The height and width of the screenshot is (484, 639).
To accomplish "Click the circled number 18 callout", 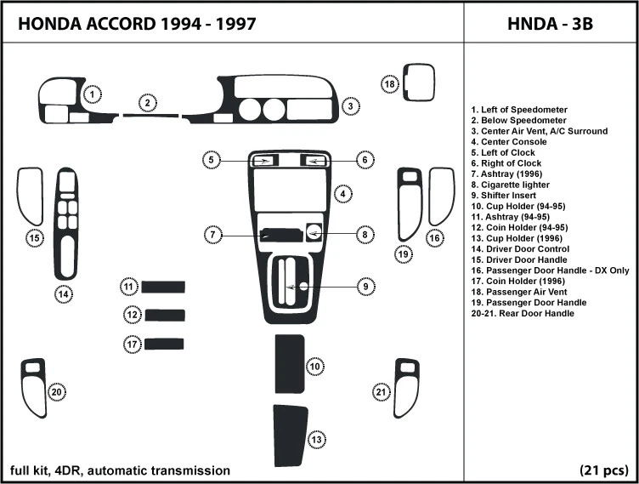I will pos(389,84).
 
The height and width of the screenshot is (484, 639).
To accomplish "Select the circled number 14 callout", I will pos(63,295).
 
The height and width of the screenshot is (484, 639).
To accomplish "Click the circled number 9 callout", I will pos(365,287).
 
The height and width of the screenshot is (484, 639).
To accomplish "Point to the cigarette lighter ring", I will pos(313,231).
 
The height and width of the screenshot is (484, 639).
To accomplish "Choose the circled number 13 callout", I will pos(316,440).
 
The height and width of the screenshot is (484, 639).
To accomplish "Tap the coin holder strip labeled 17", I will pos(164,344).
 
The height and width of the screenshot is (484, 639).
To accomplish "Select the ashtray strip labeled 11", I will pos(163,287).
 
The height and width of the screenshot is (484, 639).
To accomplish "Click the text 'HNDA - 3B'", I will pos(550,25).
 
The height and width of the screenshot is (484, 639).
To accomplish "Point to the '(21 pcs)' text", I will pos(604,470).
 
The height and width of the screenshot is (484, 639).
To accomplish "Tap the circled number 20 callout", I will pos(56,392).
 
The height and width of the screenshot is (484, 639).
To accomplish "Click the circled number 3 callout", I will pos(349,106).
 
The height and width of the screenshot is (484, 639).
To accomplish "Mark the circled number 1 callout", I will pos(93,94).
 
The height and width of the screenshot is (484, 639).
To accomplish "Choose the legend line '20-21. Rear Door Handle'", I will pos(522,314).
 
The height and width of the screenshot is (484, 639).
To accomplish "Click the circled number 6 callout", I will pos(363,159).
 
